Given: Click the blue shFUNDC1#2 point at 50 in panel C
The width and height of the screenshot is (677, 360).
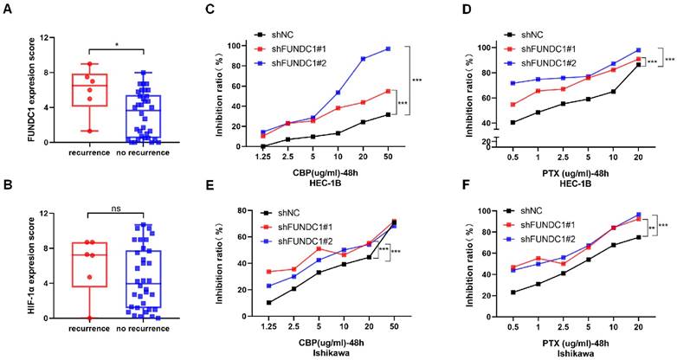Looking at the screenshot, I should (x=412, y=48).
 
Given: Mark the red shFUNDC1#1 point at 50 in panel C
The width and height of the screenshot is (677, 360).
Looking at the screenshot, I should (x=412, y=91).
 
